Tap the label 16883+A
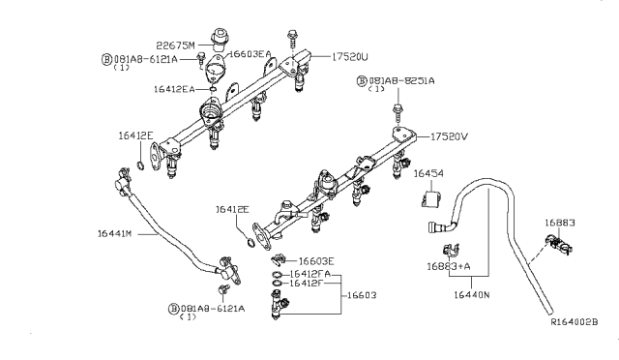(x=448, y=265)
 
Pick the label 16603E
(x=316, y=260)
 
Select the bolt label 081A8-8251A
(x=400, y=84)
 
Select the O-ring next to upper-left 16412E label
(x=141, y=166)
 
